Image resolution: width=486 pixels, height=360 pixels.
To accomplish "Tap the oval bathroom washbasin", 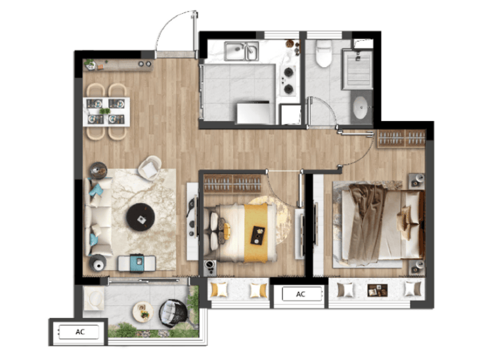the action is (361, 107).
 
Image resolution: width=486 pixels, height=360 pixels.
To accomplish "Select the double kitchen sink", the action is (242, 51).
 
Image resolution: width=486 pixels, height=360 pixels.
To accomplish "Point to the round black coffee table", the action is (141, 217).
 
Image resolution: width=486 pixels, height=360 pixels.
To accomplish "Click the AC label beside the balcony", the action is (80, 332).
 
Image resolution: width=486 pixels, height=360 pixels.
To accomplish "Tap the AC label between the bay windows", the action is (301, 294).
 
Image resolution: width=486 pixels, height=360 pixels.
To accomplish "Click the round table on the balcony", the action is (143, 311).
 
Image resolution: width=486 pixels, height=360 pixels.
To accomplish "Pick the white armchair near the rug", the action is (150, 168).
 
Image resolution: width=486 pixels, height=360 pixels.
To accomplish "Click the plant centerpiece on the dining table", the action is (105, 111).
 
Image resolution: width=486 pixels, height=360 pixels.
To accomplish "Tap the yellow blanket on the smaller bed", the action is (255, 233).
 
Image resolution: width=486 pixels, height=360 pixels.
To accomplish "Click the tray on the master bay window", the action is (377, 290).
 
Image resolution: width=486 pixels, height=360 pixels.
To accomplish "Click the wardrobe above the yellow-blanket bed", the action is (232, 183).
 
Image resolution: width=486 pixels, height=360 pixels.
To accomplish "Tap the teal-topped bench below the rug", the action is (137, 263).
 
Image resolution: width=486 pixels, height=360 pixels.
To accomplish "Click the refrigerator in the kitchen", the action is (253, 113).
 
